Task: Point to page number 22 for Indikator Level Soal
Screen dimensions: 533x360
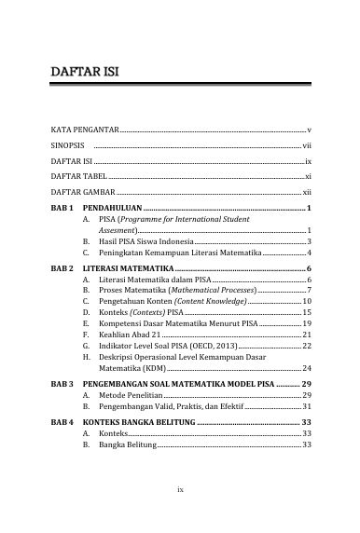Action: pyautogui.click(x=306, y=346)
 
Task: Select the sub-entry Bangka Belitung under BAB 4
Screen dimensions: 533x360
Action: pyautogui.click(x=129, y=445)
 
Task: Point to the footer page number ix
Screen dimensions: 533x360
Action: pyautogui.click(x=181, y=487)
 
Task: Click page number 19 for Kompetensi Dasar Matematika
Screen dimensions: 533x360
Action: pyautogui.click(x=306, y=322)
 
